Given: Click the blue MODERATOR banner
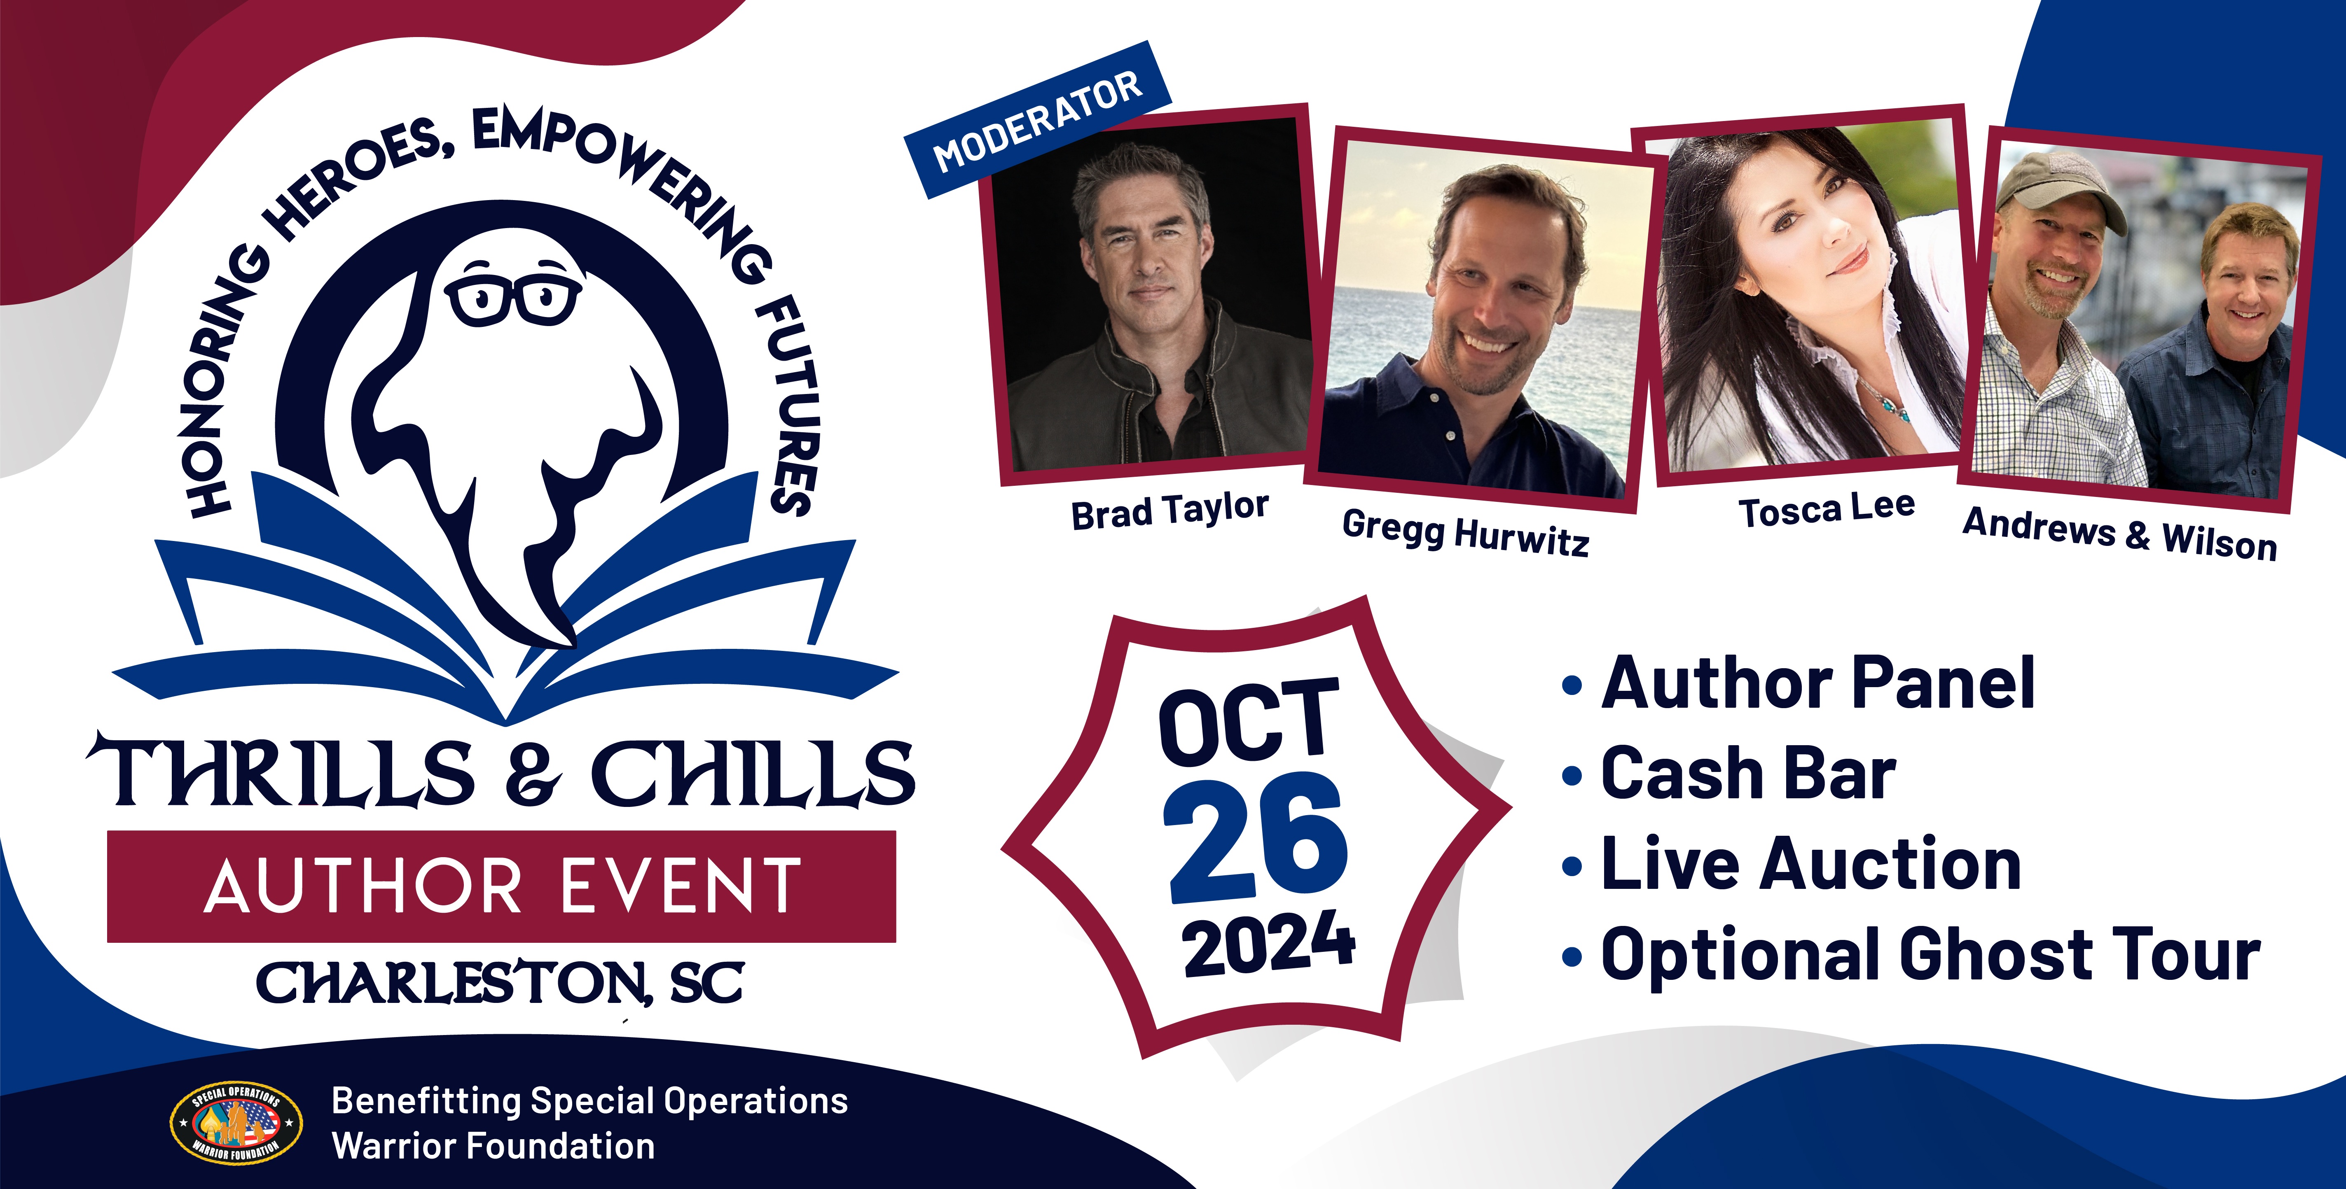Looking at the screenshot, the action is coord(1037,119).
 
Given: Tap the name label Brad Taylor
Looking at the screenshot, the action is coord(1169,511).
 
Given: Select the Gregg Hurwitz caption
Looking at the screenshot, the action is coord(1465,533).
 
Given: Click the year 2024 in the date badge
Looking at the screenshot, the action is coord(1269,944).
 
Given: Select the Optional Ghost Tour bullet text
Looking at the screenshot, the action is coord(1931,955).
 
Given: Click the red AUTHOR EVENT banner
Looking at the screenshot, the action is coord(502,886).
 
